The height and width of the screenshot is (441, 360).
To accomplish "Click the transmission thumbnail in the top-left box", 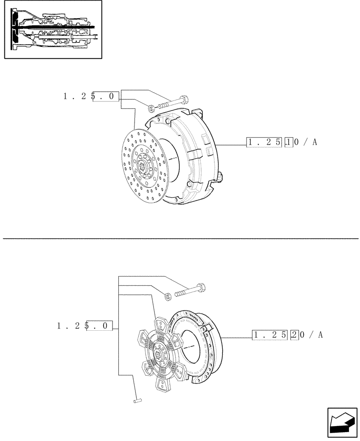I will [x=53, y=29].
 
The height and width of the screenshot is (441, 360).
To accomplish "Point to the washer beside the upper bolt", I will [x=151, y=107].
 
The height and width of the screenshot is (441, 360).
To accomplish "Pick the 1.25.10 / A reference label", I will [x=281, y=142].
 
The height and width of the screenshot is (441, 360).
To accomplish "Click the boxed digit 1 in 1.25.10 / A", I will [x=289, y=142].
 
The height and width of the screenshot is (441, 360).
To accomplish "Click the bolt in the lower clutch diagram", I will [x=190, y=291].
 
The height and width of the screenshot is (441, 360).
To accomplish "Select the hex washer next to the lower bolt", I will [x=168, y=296].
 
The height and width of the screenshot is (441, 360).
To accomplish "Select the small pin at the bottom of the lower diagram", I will [x=137, y=400].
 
